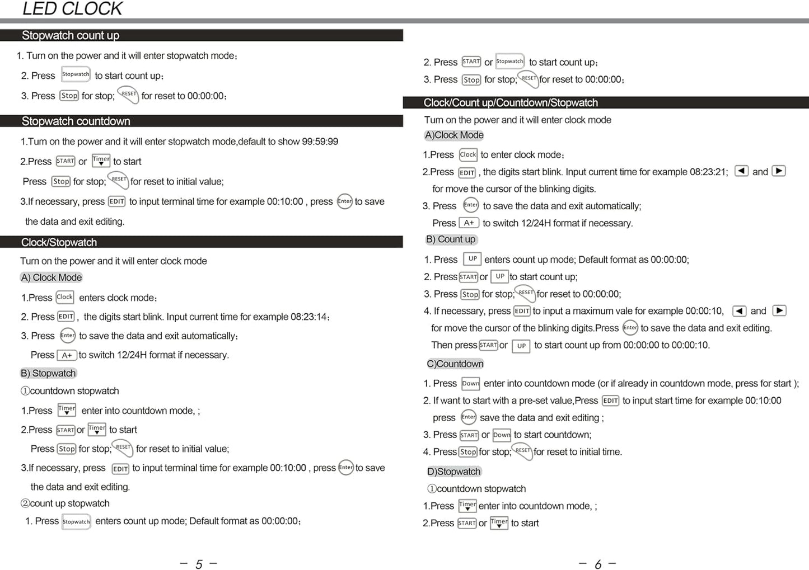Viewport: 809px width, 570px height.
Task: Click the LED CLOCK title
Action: (x=72, y=9)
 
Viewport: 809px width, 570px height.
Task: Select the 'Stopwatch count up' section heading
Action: (x=71, y=35)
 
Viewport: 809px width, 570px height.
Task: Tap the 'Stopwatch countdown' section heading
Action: (x=76, y=121)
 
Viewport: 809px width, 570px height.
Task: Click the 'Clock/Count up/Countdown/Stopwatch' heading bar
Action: (x=511, y=103)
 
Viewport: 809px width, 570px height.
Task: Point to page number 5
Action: (x=199, y=564)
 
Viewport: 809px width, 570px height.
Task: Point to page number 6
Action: (x=598, y=564)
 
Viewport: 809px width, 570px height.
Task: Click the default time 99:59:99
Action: (x=320, y=142)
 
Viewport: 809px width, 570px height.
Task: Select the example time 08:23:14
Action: (x=308, y=317)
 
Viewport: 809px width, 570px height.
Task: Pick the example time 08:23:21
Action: (x=708, y=172)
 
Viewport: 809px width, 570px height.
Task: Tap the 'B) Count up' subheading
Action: (x=451, y=239)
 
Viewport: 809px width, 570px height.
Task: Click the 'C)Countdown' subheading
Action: (x=455, y=364)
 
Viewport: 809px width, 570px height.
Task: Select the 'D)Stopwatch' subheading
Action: (x=453, y=472)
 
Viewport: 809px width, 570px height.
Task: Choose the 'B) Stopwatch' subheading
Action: (x=48, y=373)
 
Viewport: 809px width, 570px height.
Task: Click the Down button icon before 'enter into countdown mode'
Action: (x=470, y=384)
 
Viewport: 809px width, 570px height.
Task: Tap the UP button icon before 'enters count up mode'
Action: (x=473, y=259)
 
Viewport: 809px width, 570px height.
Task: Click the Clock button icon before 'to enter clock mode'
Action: (x=468, y=154)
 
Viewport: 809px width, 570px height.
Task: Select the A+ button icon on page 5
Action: (x=67, y=355)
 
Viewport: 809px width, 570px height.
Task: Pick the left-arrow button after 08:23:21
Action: (x=741, y=171)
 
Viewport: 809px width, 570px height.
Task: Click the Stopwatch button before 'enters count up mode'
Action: (x=76, y=522)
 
